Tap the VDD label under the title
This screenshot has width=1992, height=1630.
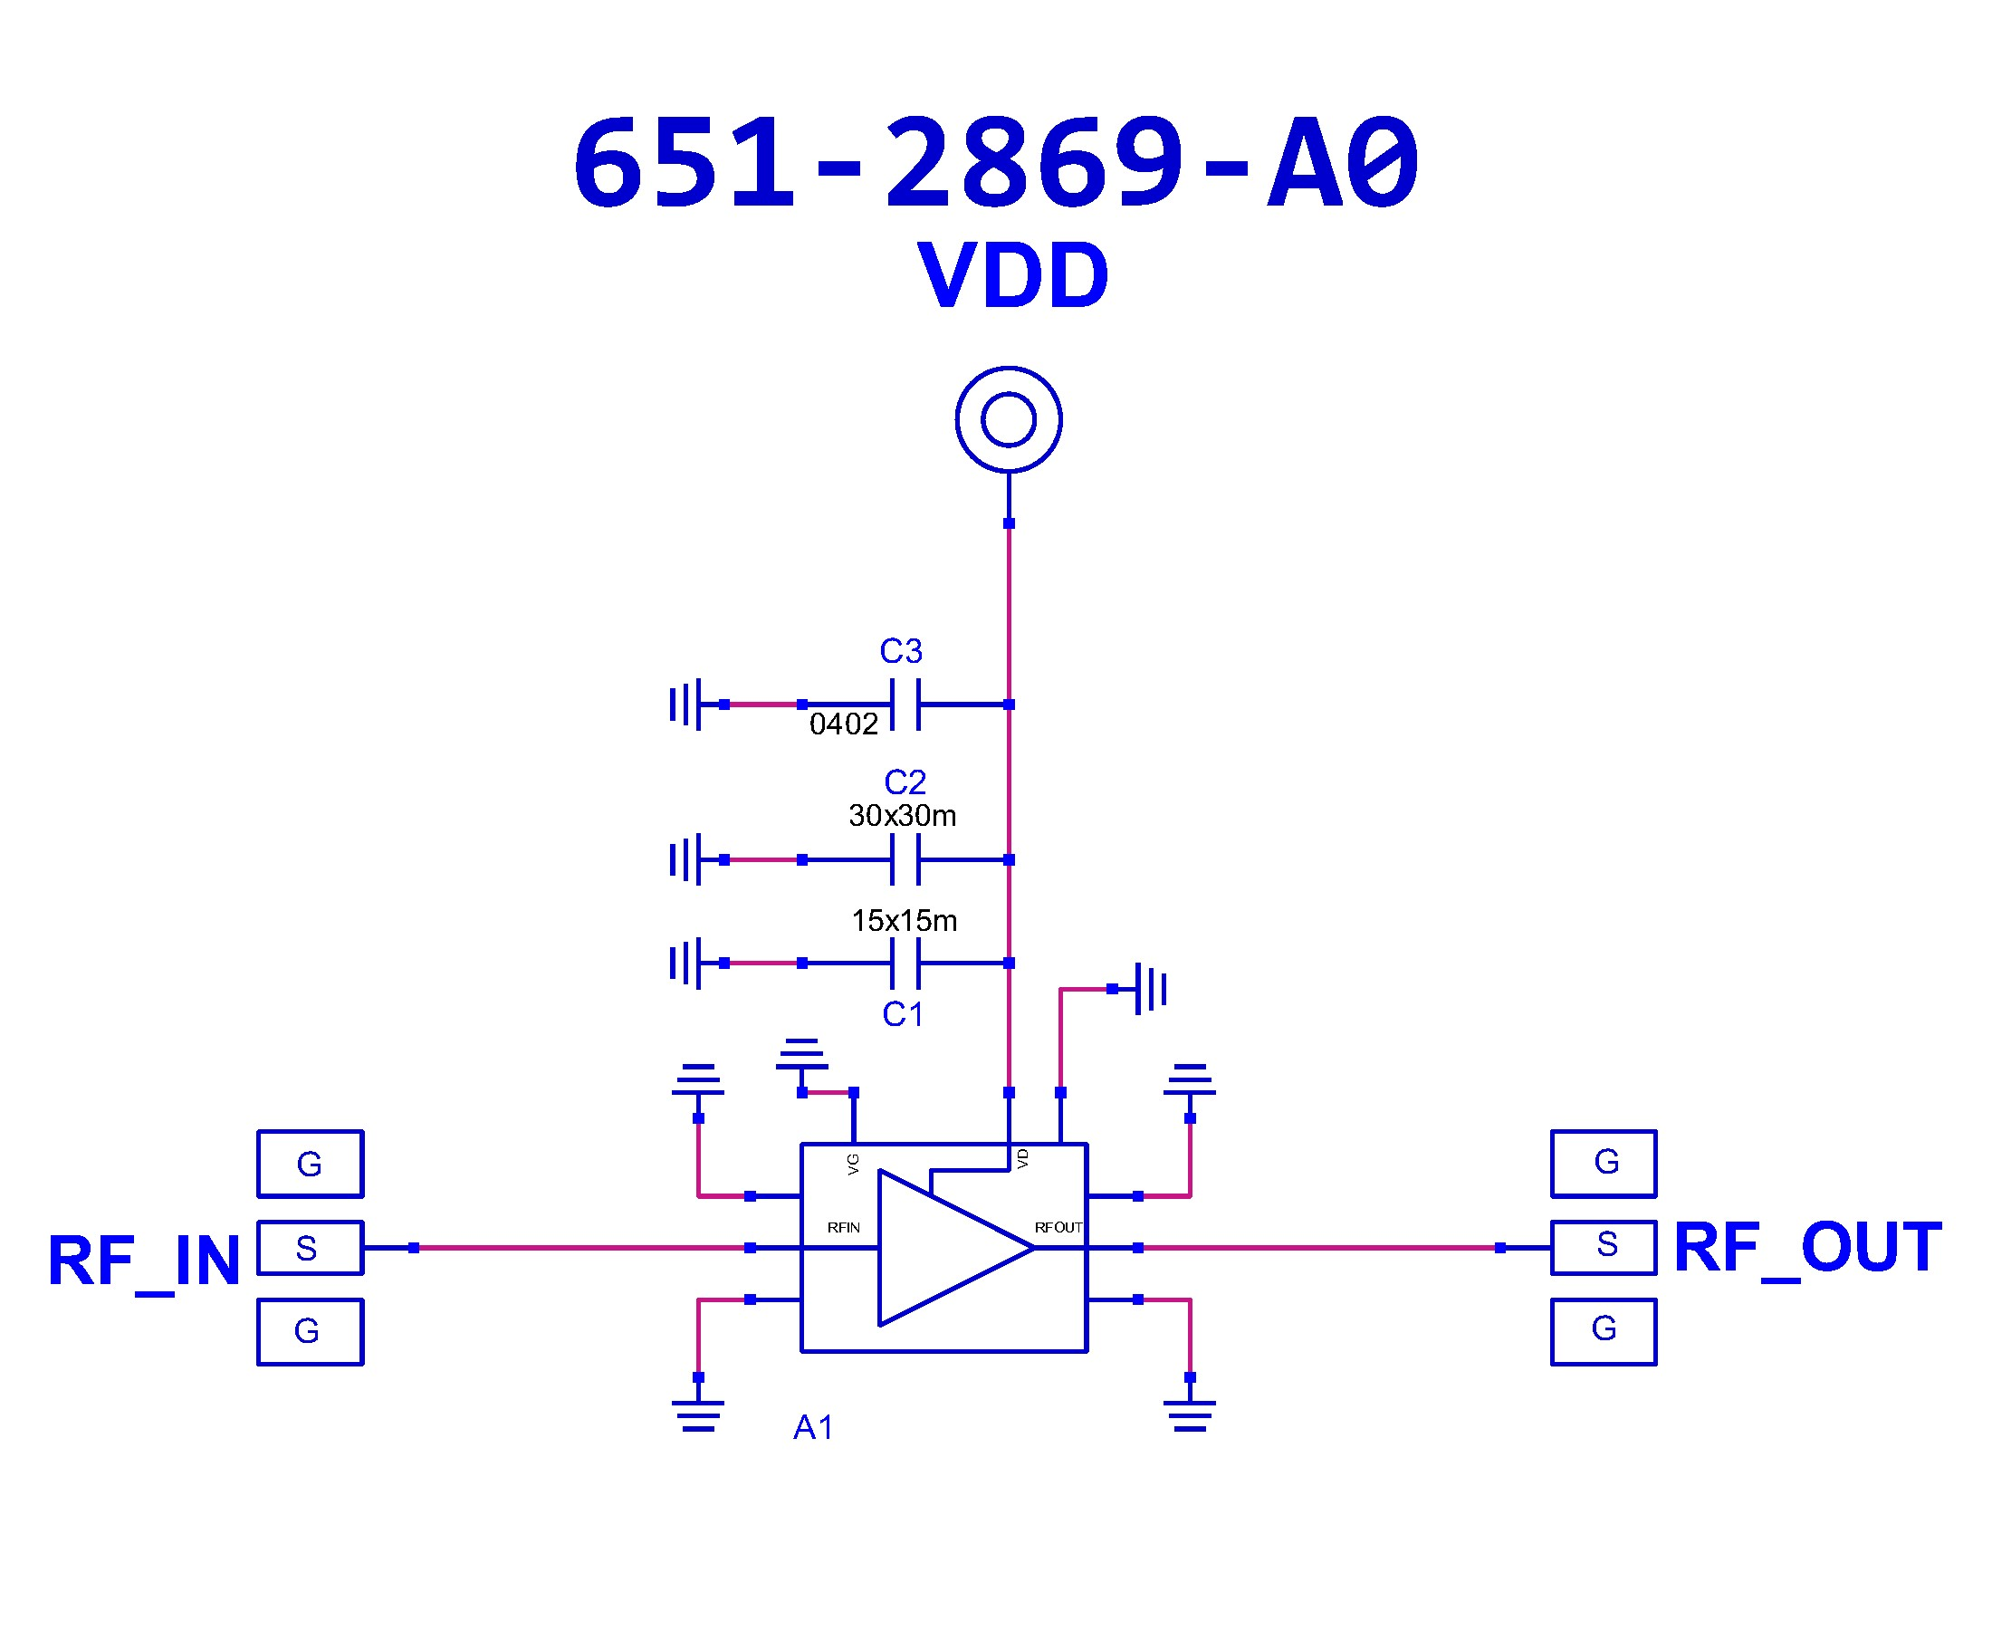click(1013, 276)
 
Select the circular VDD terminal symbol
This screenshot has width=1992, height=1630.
click(1008, 418)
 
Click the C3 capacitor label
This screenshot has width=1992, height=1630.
click(900, 651)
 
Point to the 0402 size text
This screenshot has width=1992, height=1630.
click(843, 724)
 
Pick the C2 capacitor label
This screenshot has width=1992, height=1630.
click(905, 782)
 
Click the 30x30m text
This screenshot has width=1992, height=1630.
click(902, 815)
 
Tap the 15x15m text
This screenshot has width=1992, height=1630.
click(903, 920)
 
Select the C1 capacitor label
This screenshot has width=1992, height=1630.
click(902, 1014)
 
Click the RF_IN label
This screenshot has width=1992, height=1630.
click(144, 1261)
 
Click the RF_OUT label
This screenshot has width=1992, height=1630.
click(1807, 1248)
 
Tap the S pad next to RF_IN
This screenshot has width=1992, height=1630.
click(310, 1248)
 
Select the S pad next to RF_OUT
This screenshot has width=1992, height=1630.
click(1603, 1247)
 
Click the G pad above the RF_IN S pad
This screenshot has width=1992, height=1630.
click(310, 1165)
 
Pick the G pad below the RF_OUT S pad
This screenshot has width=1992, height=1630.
click(1603, 1330)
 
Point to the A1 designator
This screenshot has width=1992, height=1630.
click(813, 1427)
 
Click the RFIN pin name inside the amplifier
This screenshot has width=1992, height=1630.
click(843, 1227)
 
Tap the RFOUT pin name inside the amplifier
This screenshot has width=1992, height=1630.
click(1058, 1227)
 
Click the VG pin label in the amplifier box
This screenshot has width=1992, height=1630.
click(852, 1165)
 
